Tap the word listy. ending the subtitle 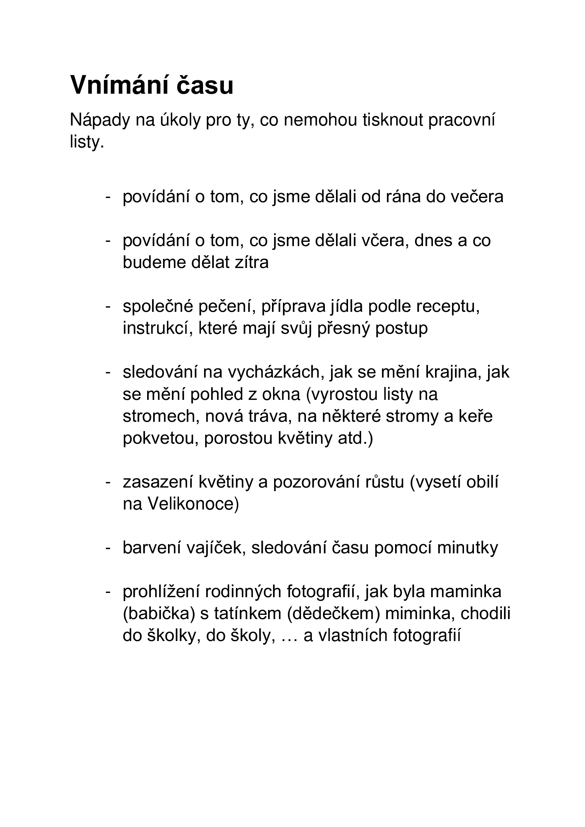pos(87,142)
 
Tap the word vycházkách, pos(274,372)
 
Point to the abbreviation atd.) pos(355,438)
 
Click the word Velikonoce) pos(193,504)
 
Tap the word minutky pos(468,548)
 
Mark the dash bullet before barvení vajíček pos(108,548)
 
